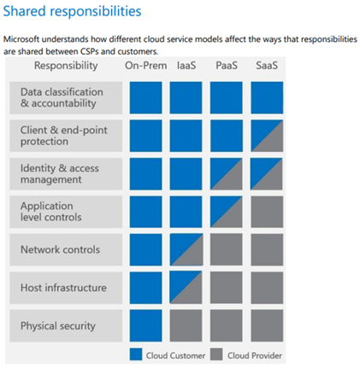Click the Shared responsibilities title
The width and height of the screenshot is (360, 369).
(x=72, y=12)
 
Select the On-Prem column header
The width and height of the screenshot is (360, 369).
(x=145, y=66)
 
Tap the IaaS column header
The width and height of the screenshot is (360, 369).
(x=186, y=66)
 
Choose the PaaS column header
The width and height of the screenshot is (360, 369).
(x=227, y=66)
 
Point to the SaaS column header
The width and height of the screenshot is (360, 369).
(x=267, y=66)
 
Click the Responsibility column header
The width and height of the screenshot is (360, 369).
(x=66, y=66)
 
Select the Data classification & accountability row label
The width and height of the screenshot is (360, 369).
(x=62, y=97)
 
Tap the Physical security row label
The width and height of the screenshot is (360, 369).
(x=58, y=325)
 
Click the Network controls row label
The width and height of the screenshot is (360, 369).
(x=60, y=249)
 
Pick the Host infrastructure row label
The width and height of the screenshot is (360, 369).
(x=63, y=288)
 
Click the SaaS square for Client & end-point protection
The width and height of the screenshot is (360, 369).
(x=267, y=136)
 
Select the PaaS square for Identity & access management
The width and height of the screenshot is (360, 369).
(x=227, y=173)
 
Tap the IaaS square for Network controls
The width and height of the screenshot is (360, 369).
(x=186, y=249)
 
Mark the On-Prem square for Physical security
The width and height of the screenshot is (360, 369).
(x=145, y=325)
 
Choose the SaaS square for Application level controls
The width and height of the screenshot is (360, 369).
(x=267, y=212)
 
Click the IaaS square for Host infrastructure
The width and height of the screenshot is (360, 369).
(x=186, y=287)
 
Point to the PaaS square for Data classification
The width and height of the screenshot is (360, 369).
(x=227, y=97)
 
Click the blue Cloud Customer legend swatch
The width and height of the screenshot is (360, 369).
(x=136, y=354)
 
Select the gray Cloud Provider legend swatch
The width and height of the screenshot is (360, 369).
(x=216, y=354)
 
